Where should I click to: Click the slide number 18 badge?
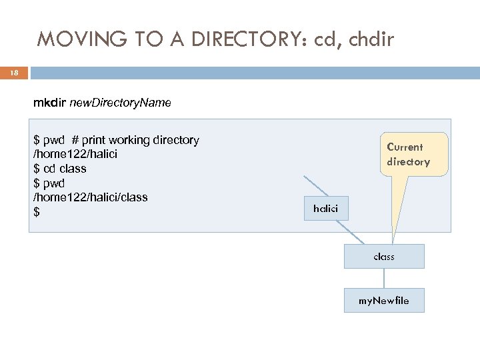pyautogui.click(x=13, y=72)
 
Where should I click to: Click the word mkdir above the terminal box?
pyautogui.click(x=48, y=103)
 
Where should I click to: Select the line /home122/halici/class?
pyautogui.click(x=91, y=197)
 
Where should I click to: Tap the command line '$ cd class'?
pyautogui.click(x=60, y=169)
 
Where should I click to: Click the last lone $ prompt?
pyautogui.click(x=37, y=212)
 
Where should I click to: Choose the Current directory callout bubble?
pyautogui.click(x=408, y=155)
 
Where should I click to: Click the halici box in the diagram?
pyautogui.click(x=325, y=209)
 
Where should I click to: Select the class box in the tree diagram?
pyautogui.click(x=384, y=256)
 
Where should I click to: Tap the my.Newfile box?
pyautogui.click(x=384, y=301)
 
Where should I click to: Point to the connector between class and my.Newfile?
pyautogui.click(x=384, y=279)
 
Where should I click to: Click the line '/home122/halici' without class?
pyautogui.click(x=71, y=155)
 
